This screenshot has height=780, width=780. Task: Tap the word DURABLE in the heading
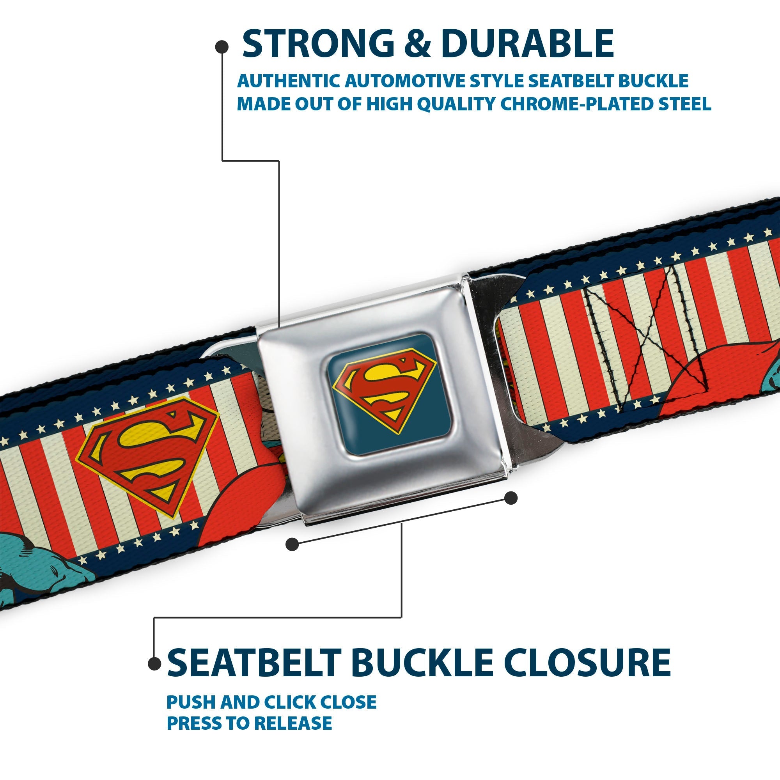(527, 44)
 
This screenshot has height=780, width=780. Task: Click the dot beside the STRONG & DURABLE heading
(222, 47)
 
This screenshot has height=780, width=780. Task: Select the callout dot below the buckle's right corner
(511, 498)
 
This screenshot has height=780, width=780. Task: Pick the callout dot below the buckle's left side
(292, 544)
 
